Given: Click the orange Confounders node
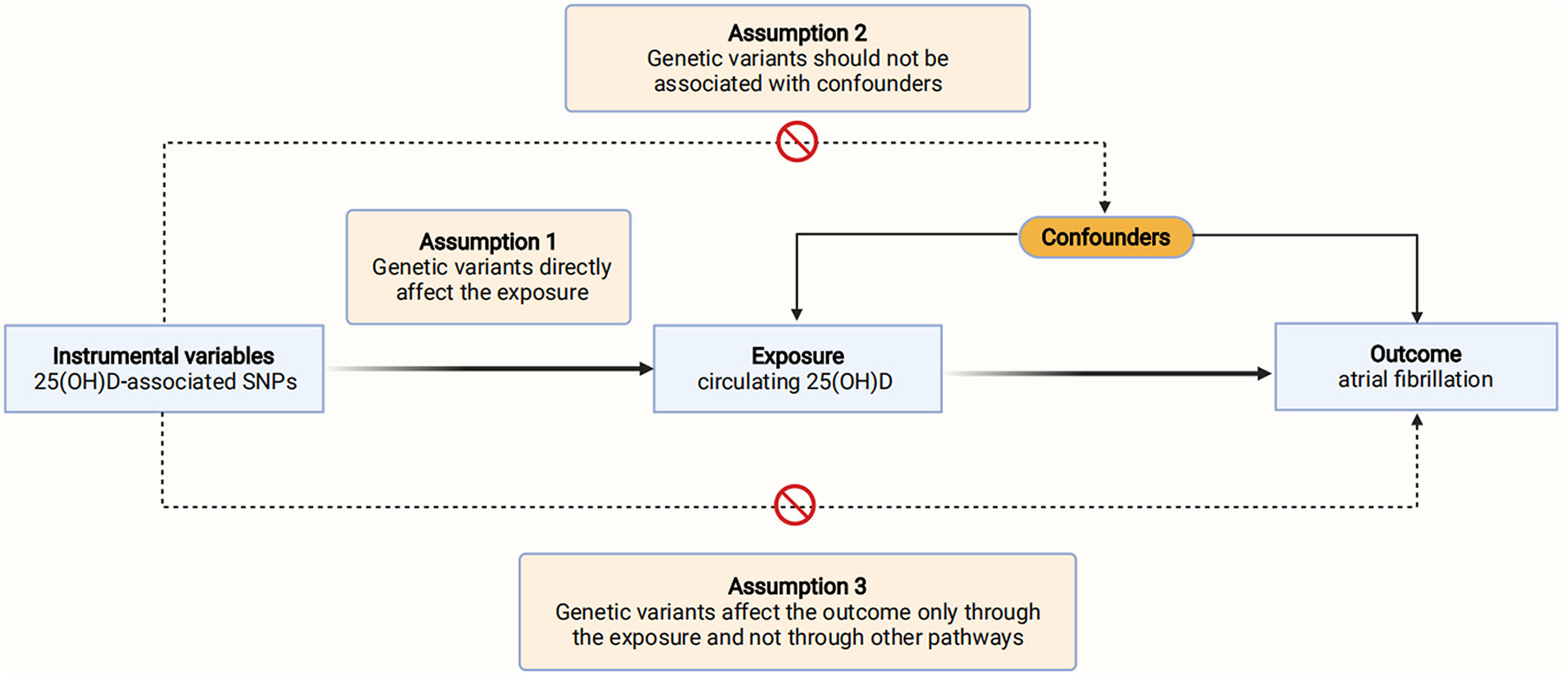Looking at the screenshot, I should click(x=1105, y=237).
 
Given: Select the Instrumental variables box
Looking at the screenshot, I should click(x=164, y=368).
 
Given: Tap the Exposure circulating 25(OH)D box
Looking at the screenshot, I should click(x=797, y=368).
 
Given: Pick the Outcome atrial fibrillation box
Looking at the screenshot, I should click(x=1416, y=366).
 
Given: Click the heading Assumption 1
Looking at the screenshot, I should click(x=488, y=242).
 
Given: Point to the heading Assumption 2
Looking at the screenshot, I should click(x=797, y=34).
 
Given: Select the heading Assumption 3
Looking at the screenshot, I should click(x=797, y=586).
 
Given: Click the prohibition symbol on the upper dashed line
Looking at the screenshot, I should click(x=796, y=142).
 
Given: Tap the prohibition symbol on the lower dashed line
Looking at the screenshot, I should click(x=794, y=505).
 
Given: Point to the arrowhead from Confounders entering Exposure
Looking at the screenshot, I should click(x=796, y=314).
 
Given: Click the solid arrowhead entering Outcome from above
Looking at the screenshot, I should click(x=1417, y=317).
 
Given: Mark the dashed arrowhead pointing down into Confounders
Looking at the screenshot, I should click(x=1104, y=207).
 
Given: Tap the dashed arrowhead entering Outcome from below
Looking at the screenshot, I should click(x=1417, y=421).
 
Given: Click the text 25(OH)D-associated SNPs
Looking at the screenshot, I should click(x=165, y=381).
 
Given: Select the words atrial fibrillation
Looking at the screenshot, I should click(x=1415, y=379).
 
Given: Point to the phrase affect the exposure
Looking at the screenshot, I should click(x=492, y=292).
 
